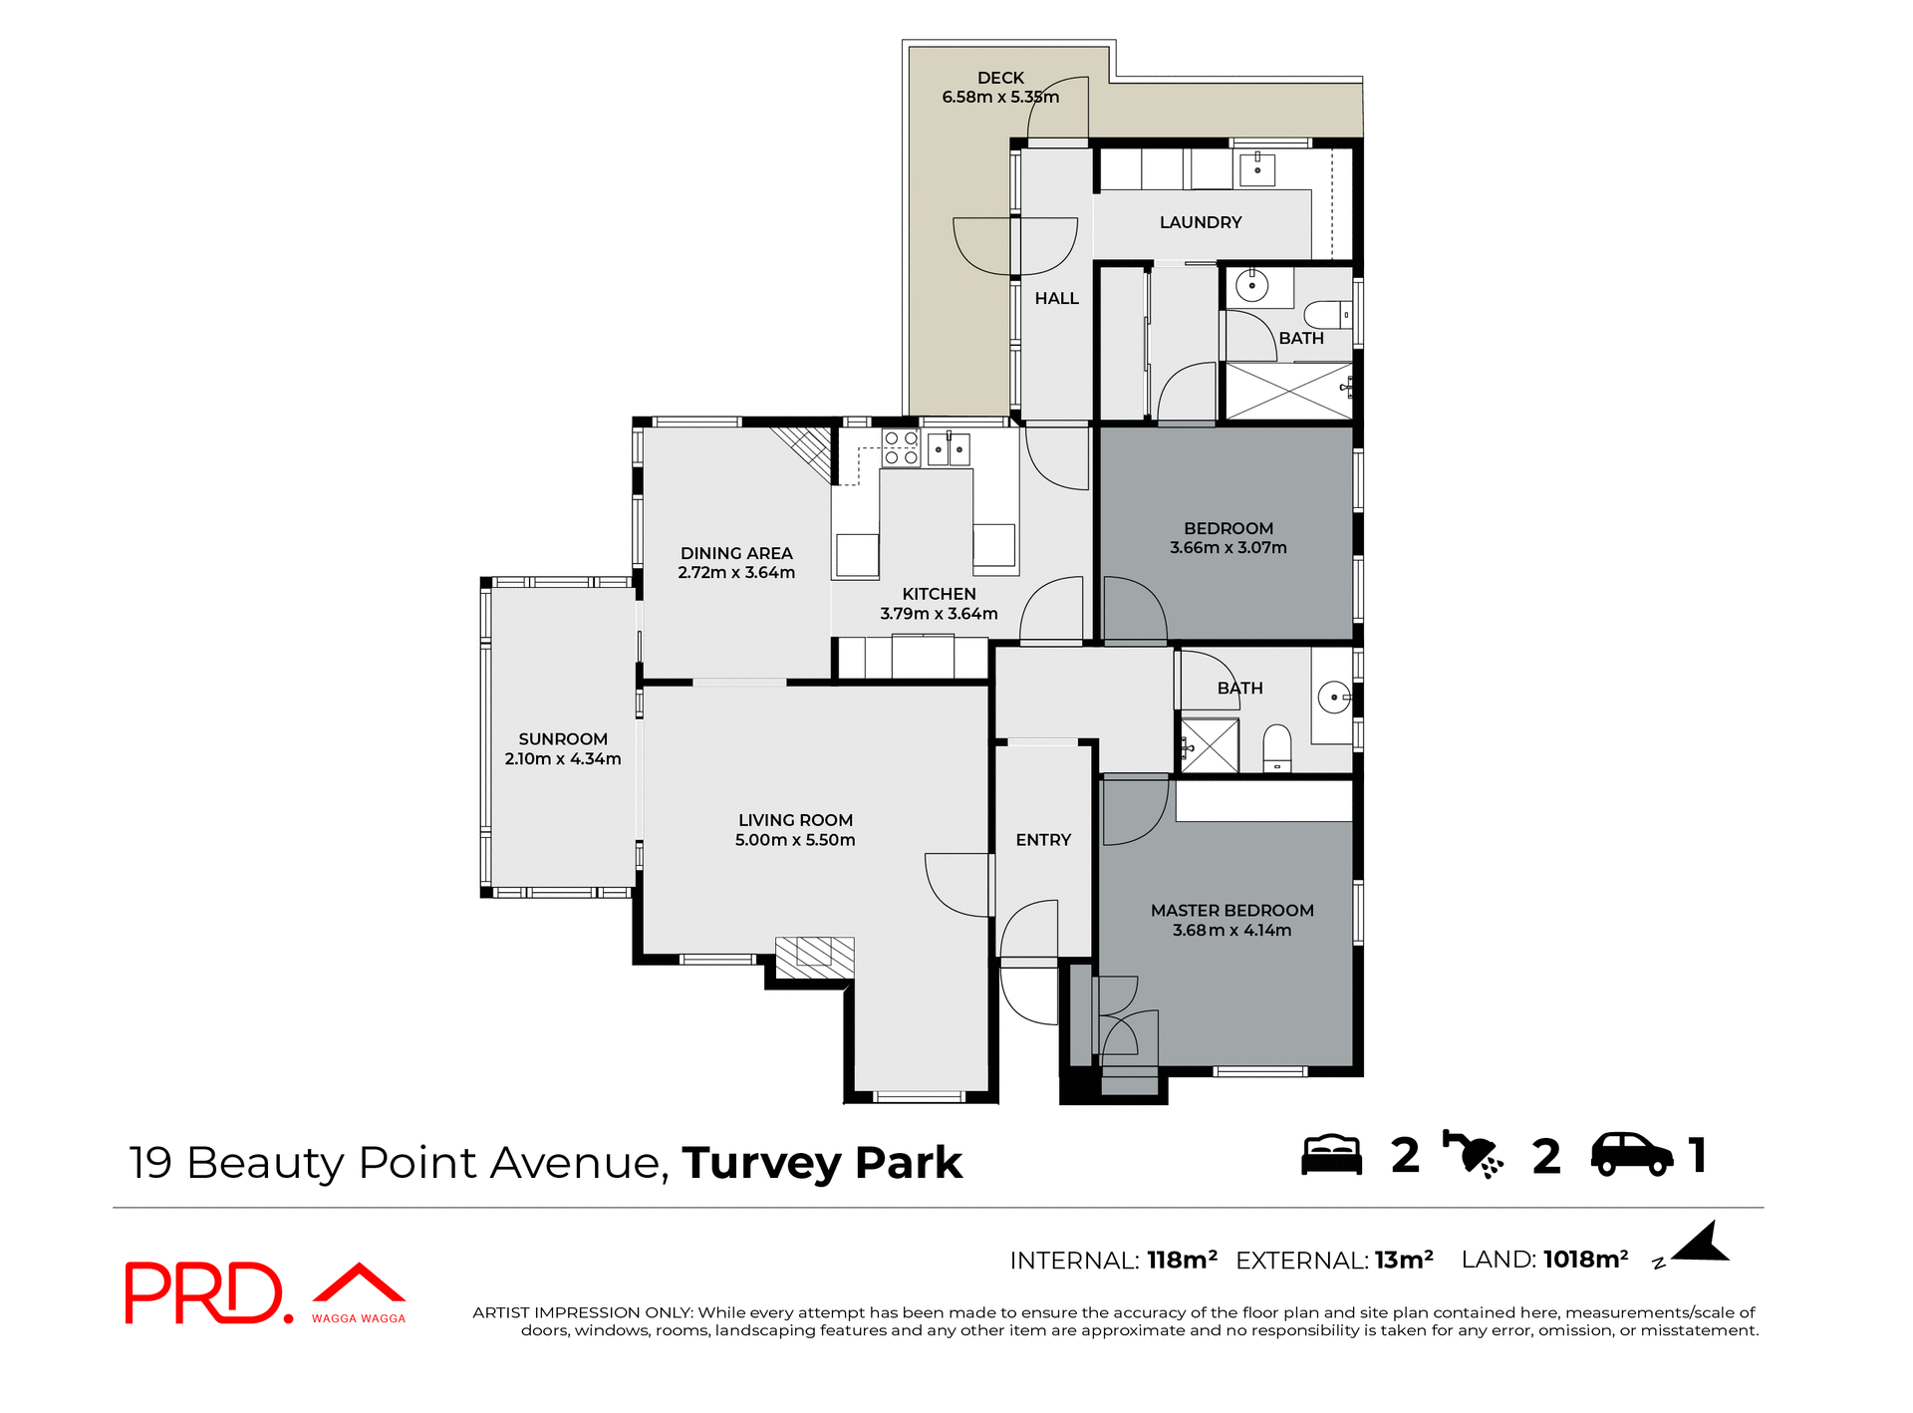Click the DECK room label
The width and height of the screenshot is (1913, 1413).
coord(1000,78)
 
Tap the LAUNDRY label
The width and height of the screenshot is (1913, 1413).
coord(1200,222)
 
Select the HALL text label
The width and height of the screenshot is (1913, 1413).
coord(1056,298)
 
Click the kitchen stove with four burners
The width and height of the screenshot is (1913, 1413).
coord(901,448)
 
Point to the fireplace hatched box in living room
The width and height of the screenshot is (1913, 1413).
coord(814,956)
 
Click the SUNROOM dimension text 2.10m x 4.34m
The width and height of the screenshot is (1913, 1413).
coord(562,758)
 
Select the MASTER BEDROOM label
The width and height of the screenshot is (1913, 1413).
coord(1231,910)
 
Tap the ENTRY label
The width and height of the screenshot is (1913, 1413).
coord(1043,840)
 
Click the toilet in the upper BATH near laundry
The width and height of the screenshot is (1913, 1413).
coord(1326,315)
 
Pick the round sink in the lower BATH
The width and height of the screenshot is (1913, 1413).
coord(1333,697)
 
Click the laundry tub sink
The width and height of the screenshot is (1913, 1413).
coord(1257,169)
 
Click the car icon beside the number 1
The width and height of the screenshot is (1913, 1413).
coord(1631,1155)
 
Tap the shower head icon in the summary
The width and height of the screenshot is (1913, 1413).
coord(1473,1155)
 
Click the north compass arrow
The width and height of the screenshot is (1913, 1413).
coord(1703,1245)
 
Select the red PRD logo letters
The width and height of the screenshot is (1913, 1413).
coord(204,1292)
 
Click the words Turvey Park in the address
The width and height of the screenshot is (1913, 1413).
coord(822,1163)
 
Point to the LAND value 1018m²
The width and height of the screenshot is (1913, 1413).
coord(1585,1260)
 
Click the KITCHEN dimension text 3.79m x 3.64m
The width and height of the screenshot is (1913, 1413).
coord(939,614)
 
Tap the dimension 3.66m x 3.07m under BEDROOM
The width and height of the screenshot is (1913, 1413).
coord(1228,547)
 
